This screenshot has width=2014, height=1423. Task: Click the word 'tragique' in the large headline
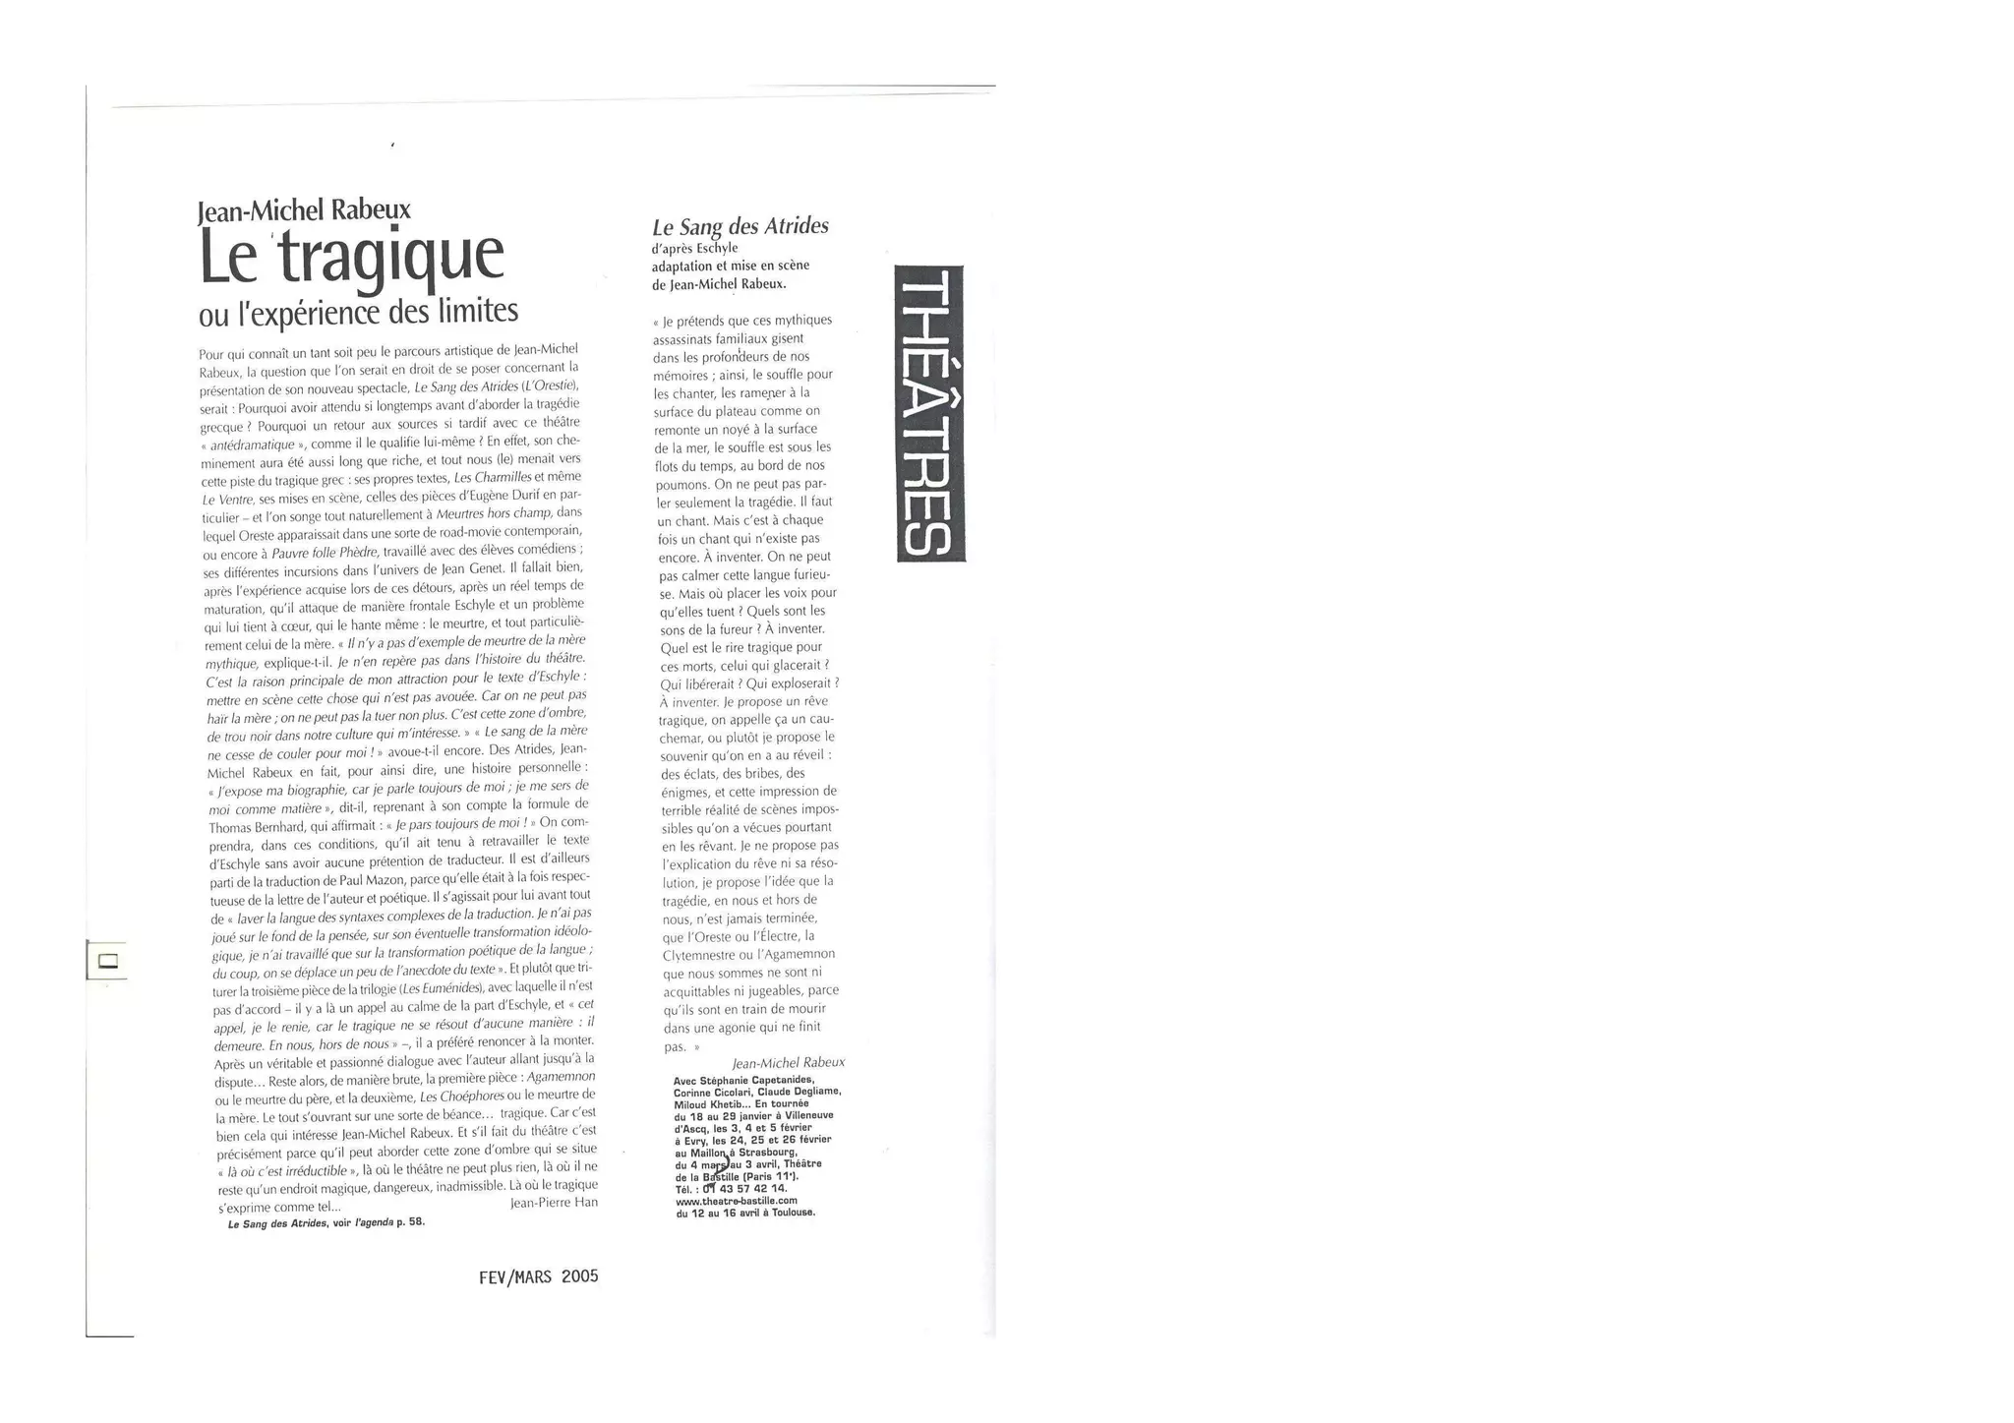[392, 258]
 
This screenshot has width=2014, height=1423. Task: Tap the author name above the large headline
[304, 210]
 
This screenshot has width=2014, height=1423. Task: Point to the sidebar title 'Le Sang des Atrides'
[740, 227]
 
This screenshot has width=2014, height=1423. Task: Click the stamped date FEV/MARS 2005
[538, 1276]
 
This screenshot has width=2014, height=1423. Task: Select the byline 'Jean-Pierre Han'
[555, 1202]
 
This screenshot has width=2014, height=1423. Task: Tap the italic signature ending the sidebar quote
[788, 1063]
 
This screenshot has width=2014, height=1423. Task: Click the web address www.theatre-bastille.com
[736, 1201]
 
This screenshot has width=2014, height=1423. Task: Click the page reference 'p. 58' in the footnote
[410, 1223]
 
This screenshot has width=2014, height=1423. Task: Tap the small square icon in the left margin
[108, 961]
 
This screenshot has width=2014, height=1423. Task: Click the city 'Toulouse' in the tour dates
[792, 1213]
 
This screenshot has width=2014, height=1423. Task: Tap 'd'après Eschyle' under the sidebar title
[694, 248]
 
